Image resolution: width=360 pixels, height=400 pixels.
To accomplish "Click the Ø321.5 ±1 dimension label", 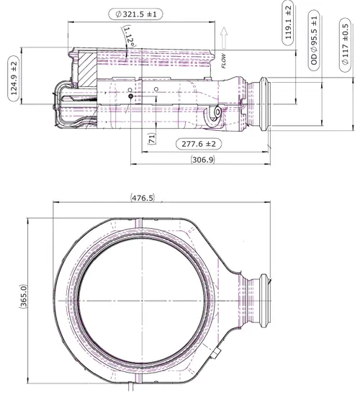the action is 135,14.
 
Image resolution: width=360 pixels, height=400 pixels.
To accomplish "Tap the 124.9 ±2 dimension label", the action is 14,78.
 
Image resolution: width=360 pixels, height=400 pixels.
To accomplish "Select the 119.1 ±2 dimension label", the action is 288,23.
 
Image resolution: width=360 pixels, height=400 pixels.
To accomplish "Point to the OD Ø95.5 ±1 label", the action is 314,40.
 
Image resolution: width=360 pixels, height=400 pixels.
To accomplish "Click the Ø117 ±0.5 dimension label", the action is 345,45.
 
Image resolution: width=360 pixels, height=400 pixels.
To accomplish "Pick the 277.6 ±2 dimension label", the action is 199,144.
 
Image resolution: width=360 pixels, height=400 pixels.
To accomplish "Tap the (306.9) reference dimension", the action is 203,160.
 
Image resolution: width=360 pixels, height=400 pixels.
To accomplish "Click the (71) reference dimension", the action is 152,139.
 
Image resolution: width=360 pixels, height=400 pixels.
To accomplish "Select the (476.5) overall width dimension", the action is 143,198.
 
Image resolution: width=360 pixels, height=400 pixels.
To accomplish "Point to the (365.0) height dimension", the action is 23,296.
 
